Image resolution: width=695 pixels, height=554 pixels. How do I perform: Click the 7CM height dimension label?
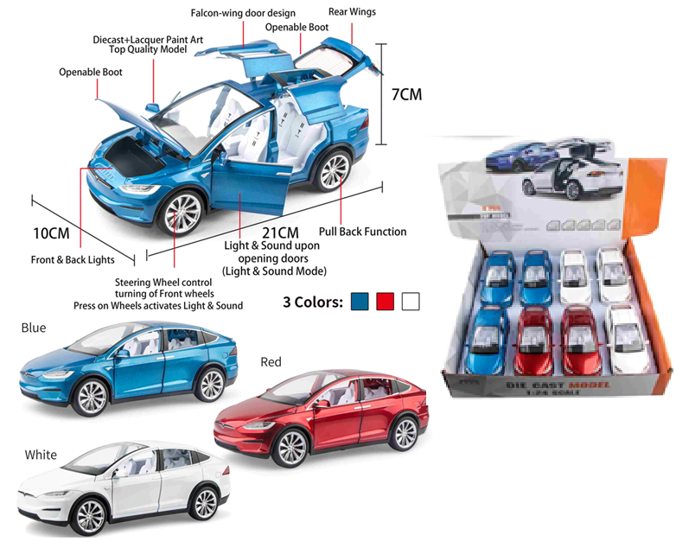click(406, 95)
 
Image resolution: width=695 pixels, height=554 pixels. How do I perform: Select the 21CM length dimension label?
click(279, 232)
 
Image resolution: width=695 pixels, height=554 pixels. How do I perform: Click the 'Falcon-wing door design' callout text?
click(243, 14)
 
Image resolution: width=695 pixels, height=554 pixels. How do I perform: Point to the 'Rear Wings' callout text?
click(352, 12)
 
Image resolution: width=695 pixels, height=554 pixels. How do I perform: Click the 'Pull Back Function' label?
click(362, 232)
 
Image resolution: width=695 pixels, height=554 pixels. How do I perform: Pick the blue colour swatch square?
click(360, 302)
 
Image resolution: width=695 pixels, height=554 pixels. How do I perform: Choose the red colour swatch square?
click(386, 302)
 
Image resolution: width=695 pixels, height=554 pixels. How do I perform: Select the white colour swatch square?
click(411, 302)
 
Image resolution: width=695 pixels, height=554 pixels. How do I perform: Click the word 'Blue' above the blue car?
click(34, 328)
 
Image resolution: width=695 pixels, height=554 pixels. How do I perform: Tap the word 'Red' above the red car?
click(271, 362)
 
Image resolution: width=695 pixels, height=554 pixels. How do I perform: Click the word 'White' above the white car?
click(41, 455)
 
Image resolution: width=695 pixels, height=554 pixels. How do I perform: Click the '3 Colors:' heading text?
click(313, 302)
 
